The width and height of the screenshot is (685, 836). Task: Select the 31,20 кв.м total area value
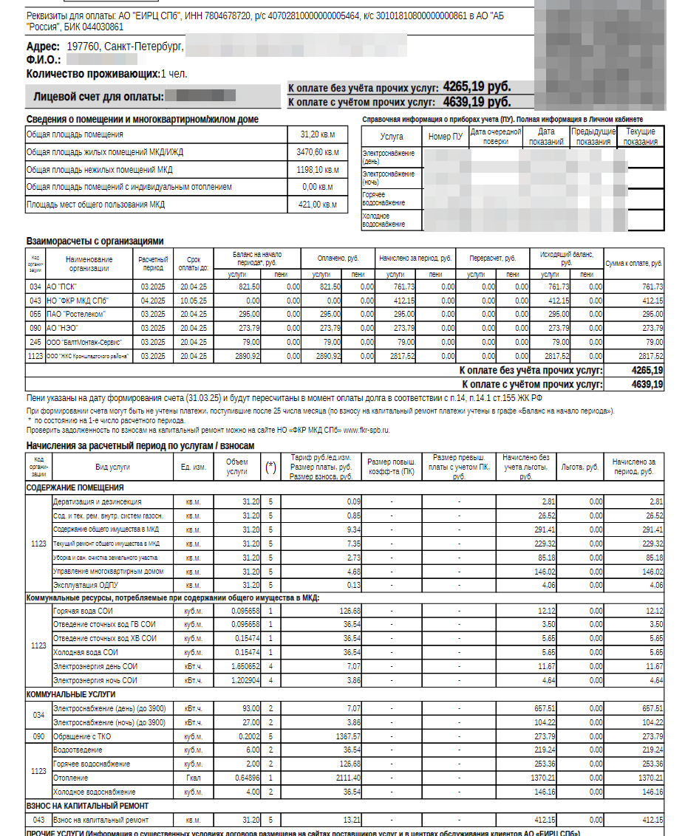click(x=317, y=134)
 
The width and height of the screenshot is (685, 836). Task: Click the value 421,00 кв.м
click(x=317, y=205)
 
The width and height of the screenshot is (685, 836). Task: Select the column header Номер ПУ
click(x=446, y=137)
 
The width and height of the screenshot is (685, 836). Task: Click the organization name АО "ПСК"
click(x=63, y=287)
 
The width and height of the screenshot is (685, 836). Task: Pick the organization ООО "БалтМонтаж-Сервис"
click(x=84, y=342)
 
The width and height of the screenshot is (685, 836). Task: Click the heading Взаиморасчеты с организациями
click(x=95, y=241)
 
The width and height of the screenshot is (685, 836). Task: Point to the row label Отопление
click(x=71, y=778)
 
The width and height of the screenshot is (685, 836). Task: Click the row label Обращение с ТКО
click(x=83, y=736)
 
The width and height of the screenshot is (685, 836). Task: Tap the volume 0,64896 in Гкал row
click(x=245, y=778)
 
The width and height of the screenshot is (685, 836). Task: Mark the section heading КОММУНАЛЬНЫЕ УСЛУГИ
click(x=71, y=695)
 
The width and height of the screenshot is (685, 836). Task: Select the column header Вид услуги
click(x=112, y=467)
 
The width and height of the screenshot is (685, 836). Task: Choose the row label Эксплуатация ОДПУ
click(x=85, y=586)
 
